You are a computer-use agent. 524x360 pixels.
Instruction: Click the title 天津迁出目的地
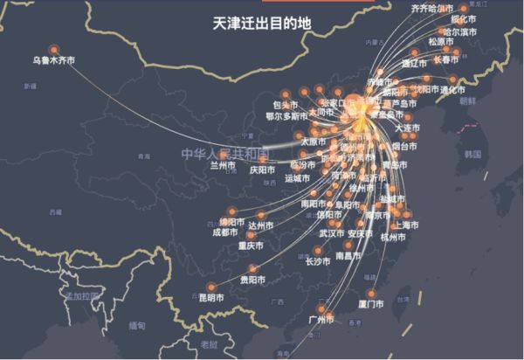[x=261, y=23]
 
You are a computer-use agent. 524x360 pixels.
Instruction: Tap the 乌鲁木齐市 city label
[x=53, y=61]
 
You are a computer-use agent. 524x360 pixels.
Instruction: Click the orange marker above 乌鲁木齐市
[x=54, y=49]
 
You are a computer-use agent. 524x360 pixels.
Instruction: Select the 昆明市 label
[x=211, y=298]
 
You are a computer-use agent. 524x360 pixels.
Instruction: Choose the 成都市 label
[x=224, y=232]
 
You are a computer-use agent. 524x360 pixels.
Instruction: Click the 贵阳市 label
[x=252, y=280]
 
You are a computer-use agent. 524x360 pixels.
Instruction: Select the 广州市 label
[x=322, y=320]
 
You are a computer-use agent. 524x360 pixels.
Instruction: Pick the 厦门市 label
[x=371, y=304]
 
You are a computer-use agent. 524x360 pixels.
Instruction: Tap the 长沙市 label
[x=318, y=260]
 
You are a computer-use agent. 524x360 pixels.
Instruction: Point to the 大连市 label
[x=407, y=128]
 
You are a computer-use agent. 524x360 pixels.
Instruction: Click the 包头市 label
[x=261, y=105]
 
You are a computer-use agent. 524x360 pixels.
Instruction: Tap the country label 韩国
[x=473, y=154]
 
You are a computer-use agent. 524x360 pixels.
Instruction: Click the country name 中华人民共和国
[x=226, y=154]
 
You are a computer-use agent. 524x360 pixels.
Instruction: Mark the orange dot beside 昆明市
[x=210, y=287]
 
